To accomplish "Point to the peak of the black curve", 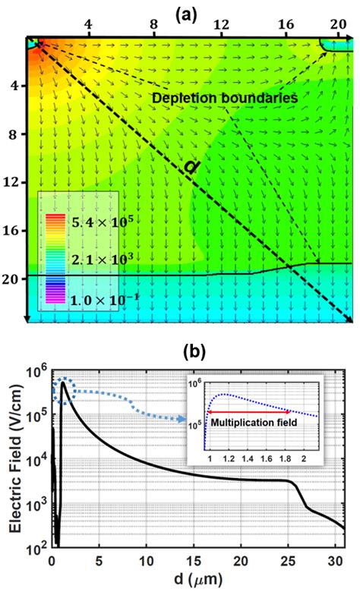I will [x=64, y=383].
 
